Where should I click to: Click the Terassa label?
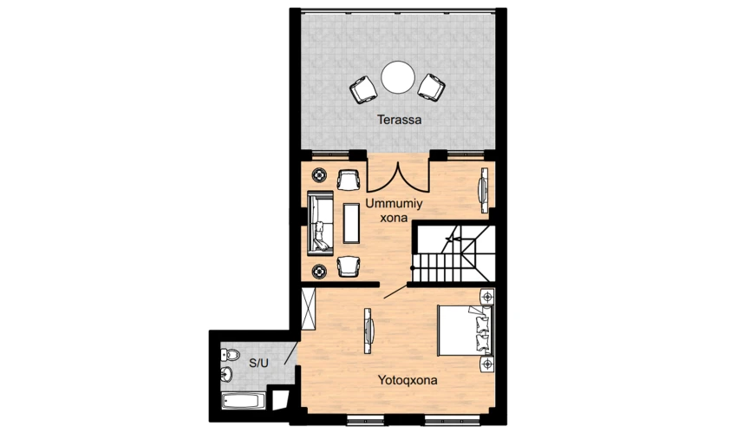[x=399, y=120]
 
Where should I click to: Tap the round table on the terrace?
[x=398, y=77]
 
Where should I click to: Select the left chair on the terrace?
[x=363, y=89]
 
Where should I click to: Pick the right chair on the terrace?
[x=432, y=87]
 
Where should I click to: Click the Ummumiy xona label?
[x=394, y=211]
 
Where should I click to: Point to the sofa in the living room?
[x=320, y=223]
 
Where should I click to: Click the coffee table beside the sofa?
[x=351, y=223]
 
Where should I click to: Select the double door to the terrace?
[x=398, y=177]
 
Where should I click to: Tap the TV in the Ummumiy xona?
[x=484, y=190]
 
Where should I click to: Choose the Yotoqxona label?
[x=408, y=380]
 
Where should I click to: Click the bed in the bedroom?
[x=465, y=330]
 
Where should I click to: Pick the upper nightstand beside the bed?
[x=487, y=297]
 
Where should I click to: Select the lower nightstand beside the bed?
[x=487, y=364]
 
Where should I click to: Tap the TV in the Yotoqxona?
[x=368, y=331]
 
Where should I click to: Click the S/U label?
[x=258, y=363]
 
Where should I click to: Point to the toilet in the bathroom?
[x=230, y=355]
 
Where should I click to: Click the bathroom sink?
[x=227, y=374]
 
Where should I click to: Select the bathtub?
[x=243, y=401]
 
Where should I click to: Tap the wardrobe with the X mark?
[x=309, y=308]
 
